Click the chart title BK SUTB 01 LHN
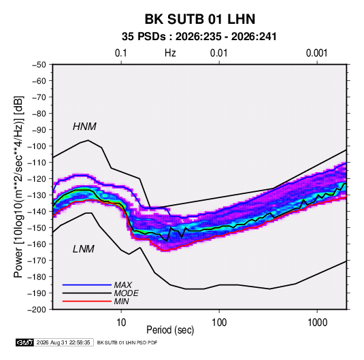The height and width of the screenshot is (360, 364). point(200,19)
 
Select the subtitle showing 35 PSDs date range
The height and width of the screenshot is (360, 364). point(199,37)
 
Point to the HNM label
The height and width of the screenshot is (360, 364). point(84,127)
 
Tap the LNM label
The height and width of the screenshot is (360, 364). point(84,249)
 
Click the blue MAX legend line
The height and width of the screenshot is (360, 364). point(87,285)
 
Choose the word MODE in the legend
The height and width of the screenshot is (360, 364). point(126,293)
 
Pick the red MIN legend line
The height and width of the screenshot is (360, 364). point(87,301)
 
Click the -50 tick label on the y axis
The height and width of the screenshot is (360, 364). point(39,65)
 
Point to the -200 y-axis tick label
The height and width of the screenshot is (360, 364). point(37,310)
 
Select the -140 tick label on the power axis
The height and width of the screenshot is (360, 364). point(37,212)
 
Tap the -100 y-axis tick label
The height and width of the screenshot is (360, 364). point(37,146)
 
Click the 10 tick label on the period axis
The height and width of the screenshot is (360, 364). point(121,323)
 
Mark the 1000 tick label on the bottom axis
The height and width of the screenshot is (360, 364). point(317,323)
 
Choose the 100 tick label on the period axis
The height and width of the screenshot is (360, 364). point(219,323)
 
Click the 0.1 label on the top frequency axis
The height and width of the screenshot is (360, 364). point(121,53)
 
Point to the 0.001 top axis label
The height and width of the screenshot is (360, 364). point(317,53)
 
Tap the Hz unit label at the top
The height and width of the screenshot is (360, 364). point(170,53)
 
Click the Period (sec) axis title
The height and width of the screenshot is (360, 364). point(170,330)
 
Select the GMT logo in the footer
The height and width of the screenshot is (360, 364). point(25,342)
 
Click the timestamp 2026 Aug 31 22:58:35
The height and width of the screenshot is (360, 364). point(63,342)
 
